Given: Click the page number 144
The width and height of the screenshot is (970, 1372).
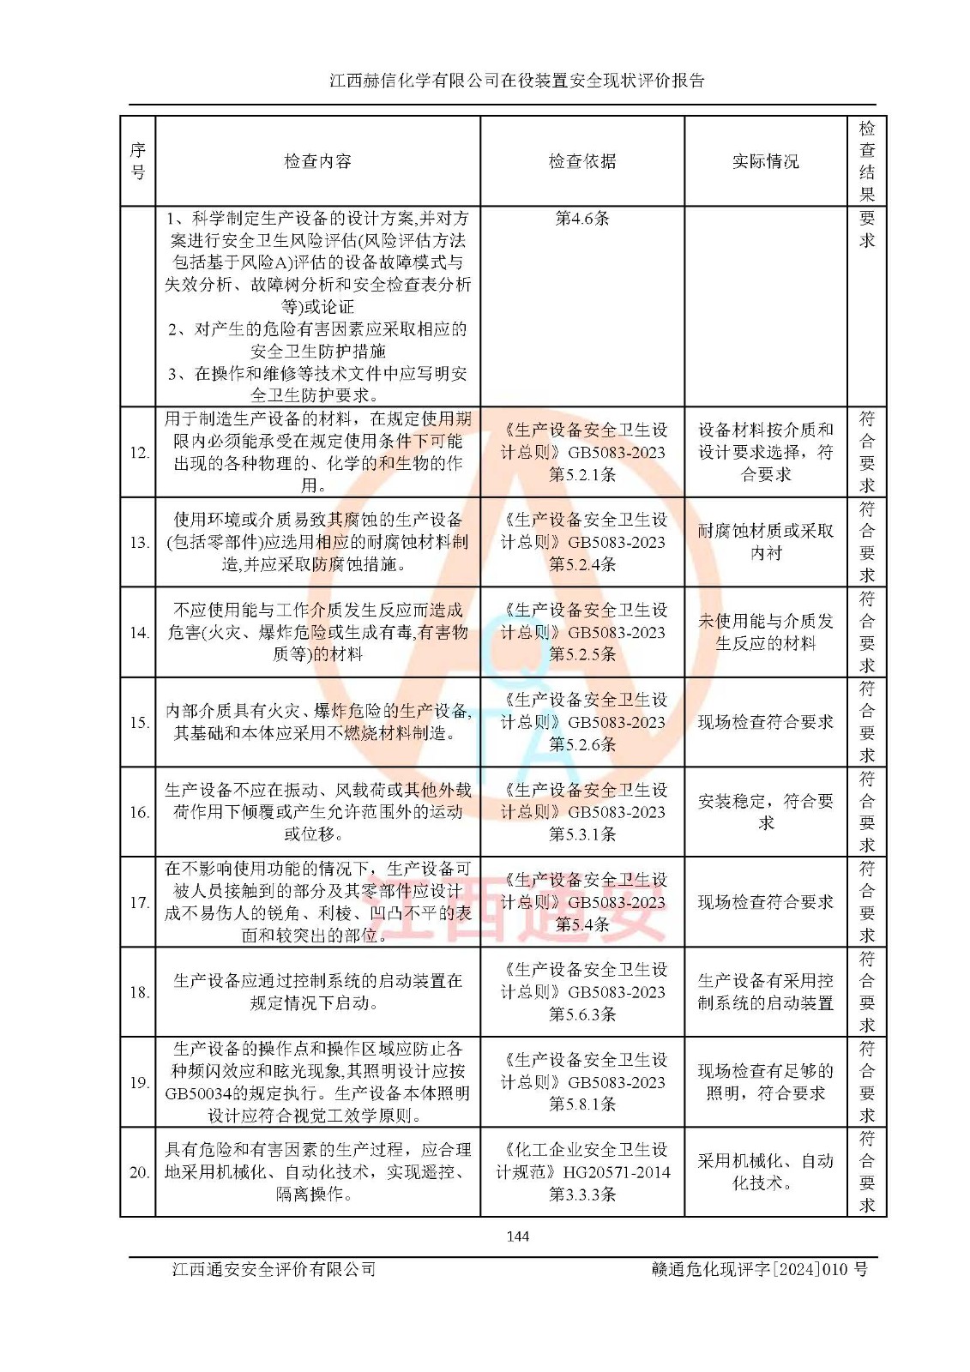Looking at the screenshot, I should click(x=517, y=1236).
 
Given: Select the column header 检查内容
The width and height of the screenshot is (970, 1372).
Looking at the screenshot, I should click(x=317, y=161).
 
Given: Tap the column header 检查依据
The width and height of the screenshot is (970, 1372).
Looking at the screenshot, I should click(x=582, y=161).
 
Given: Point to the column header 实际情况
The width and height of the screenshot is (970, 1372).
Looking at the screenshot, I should click(x=765, y=161).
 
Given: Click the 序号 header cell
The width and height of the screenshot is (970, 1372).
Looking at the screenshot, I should click(x=138, y=161).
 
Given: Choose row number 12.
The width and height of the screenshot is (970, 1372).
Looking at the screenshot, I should click(x=140, y=453).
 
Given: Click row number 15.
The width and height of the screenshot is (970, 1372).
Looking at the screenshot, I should click(x=140, y=722).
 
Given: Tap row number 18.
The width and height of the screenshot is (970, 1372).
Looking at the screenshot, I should click(x=140, y=992).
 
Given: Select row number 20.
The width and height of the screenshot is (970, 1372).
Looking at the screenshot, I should click(x=140, y=1172).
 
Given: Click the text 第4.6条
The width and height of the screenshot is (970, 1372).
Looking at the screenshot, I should click(x=582, y=219).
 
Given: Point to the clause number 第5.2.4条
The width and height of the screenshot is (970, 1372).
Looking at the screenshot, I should click(x=582, y=564).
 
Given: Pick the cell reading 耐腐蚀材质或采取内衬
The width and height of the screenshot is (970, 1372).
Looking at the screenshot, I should click(x=765, y=542).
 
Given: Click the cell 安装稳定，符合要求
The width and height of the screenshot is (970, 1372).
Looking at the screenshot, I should click(x=765, y=811).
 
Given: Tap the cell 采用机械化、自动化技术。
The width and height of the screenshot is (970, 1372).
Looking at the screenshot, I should click(x=765, y=1171).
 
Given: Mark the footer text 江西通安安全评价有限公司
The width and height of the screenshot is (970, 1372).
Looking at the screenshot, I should click(x=274, y=1269).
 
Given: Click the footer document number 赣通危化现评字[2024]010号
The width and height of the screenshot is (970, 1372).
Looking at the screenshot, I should click(x=759, y=1269).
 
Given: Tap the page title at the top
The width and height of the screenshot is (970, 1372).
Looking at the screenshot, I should click(x=517, y=81).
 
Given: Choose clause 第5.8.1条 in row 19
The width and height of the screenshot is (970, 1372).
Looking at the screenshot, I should click(x=582, y=1104).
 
